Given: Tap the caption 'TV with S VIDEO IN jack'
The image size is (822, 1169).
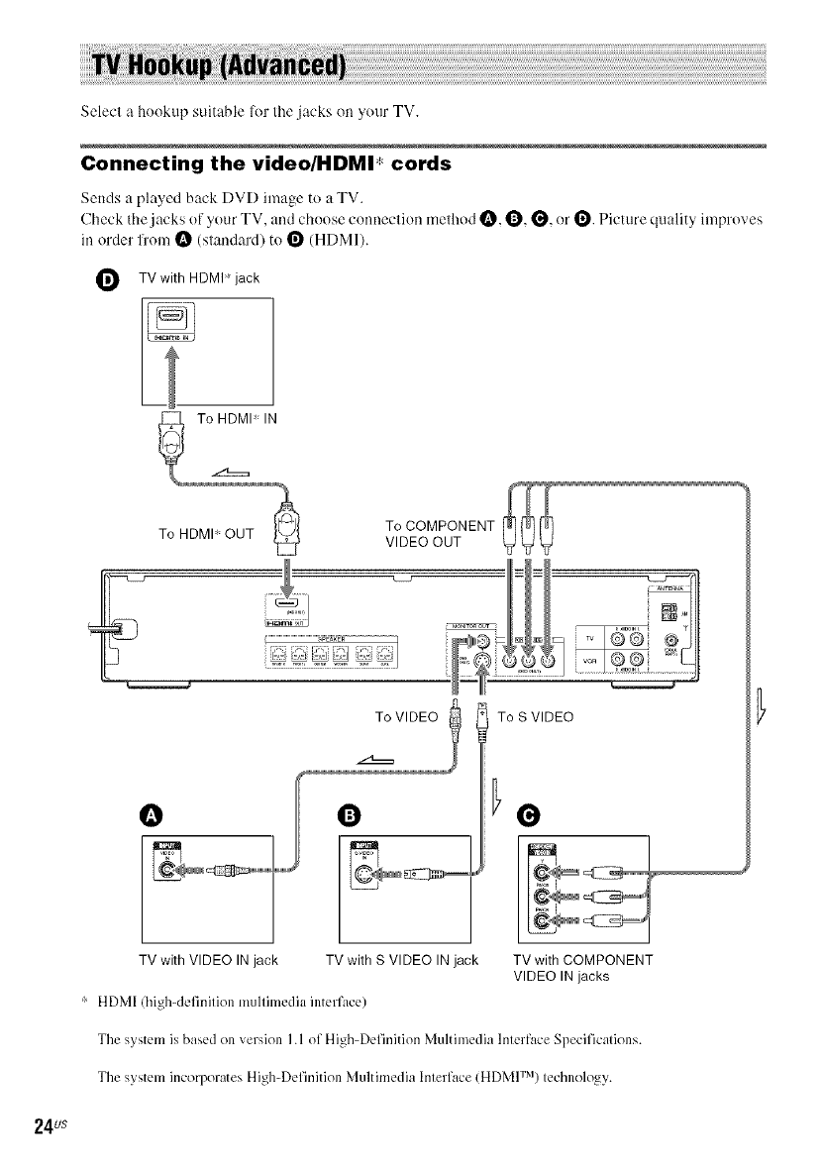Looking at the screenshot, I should (402, 960).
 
